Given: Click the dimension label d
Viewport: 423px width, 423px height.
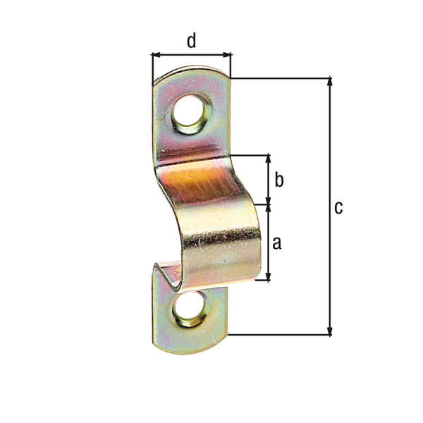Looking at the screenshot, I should tap(191, 41).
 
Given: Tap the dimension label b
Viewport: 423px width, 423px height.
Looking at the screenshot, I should tap(278, 180).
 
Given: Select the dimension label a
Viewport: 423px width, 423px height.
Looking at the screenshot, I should tap(276, 243).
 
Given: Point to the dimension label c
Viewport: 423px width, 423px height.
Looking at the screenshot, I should tap(338, 207).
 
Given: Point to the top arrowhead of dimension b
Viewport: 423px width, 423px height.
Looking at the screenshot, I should tap(268, 159).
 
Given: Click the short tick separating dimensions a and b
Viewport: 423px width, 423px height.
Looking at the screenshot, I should tap(268, 205).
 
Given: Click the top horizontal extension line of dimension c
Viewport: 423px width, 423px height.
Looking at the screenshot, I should tap(282, 78).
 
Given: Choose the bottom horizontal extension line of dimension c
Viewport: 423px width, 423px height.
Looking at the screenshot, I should tap(282, 335).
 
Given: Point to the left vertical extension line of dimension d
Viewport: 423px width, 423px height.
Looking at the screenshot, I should tap(152, 67).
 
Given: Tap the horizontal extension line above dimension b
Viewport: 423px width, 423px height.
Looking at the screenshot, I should tap(250, 154).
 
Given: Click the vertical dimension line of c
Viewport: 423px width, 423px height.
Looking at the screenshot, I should tap(329, 141).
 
